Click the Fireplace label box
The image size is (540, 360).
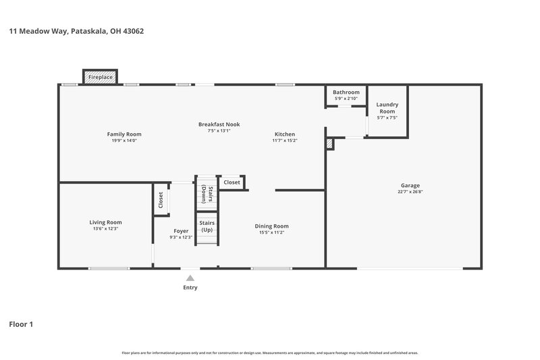point(101,78)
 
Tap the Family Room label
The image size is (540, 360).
point(124,134)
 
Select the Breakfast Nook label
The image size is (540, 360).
point(219,124)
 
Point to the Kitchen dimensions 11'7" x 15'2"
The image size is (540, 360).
point(284,140)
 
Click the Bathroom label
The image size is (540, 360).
point(346,92)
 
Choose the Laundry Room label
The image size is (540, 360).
point(387,107)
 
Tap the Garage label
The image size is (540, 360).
point(410,185)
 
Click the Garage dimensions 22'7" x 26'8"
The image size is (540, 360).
point(410,191)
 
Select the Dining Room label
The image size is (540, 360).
point(271,226)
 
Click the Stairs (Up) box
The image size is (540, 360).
point(207,226)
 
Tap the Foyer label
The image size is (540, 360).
point(180,230)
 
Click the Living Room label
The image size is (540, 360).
point(105,222)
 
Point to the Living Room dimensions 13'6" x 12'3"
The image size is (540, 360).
point(105,229)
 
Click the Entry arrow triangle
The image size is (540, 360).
point(190,276)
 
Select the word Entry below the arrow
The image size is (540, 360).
point(190,287)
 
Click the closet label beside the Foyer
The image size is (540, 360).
point(161,199)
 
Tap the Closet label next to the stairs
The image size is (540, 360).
point(232,182)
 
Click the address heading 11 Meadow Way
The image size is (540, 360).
point(76,31)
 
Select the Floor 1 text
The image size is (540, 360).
point(21,324)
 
